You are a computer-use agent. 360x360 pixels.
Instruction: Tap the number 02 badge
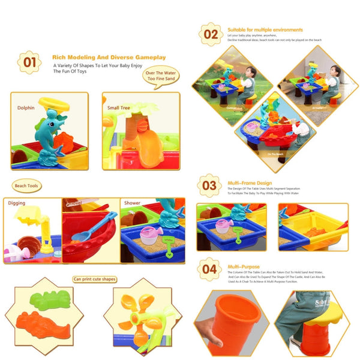(210, 34)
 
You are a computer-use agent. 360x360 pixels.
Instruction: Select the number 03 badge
(209, 186)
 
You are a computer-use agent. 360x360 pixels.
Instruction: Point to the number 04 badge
(209, 269)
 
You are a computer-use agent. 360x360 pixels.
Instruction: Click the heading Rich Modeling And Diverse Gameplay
(109, 57)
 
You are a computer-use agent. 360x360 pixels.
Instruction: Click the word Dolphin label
(26, 108)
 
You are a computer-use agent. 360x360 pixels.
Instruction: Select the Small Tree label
(118, 109)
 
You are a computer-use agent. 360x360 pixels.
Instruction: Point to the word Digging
(17, 203)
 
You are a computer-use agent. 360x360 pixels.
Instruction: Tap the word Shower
(132, 203)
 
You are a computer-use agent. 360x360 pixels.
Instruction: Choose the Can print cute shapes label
(94, 279)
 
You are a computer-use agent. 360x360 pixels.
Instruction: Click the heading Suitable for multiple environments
(265, 29)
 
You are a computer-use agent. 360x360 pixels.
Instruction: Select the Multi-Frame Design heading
(250, 183)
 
